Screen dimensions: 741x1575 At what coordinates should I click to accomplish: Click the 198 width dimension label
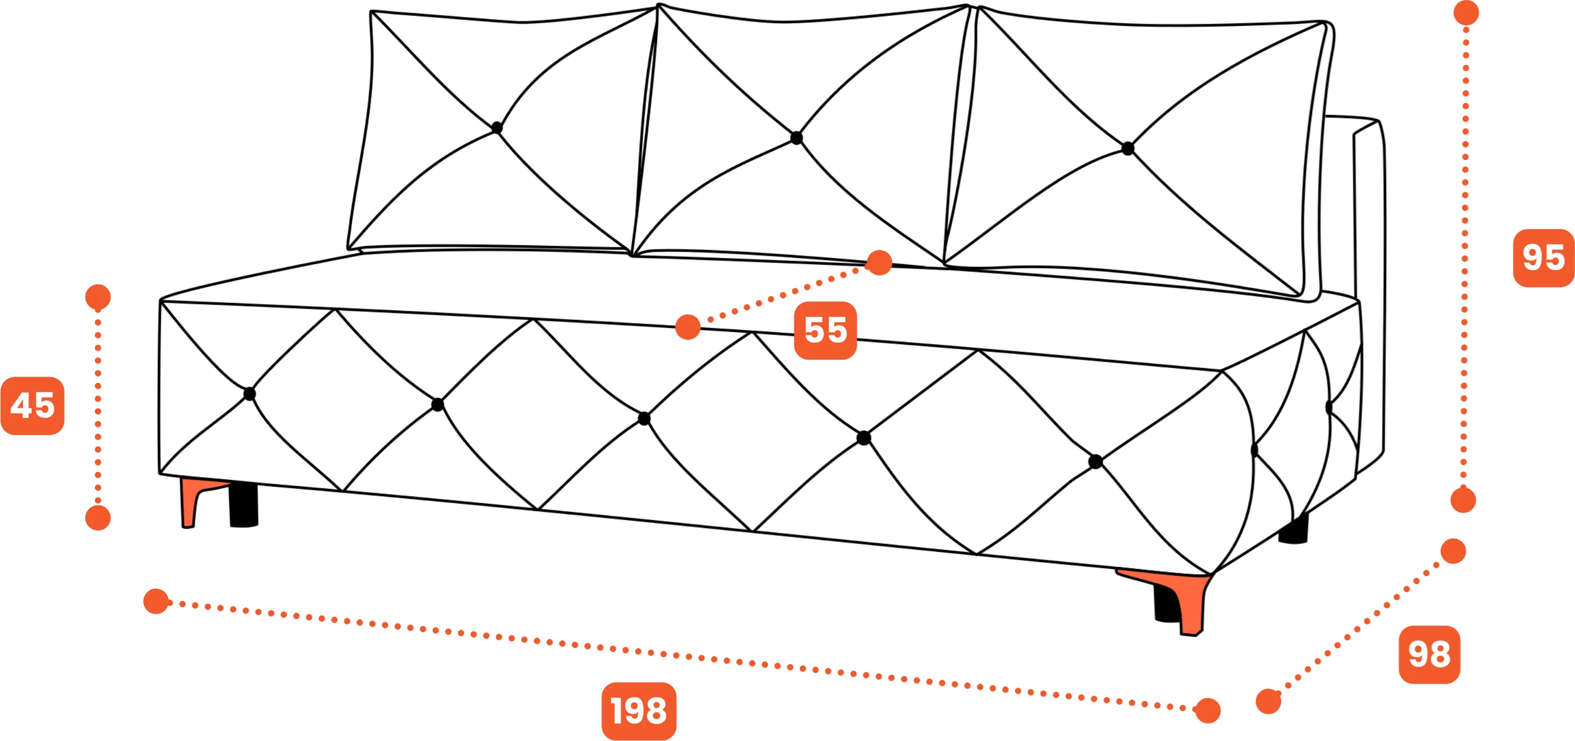639,711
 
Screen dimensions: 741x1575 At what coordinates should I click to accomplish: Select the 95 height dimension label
1543,258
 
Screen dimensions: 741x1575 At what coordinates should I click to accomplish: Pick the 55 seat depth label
825,331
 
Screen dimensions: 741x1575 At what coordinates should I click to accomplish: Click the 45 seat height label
33,406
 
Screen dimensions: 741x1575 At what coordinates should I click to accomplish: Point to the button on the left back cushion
496,128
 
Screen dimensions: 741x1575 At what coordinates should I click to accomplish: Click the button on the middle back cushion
796,138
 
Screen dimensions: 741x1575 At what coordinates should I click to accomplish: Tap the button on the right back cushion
1128,148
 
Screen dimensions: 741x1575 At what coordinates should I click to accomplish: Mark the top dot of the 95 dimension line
1466,13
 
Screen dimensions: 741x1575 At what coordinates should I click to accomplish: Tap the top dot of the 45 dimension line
98,297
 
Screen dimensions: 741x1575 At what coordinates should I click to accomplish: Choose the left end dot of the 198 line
156,601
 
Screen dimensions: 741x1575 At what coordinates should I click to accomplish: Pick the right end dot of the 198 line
1207,710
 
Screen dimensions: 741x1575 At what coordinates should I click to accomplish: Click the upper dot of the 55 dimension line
879,263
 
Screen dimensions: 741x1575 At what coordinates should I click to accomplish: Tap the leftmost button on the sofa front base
249,394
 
